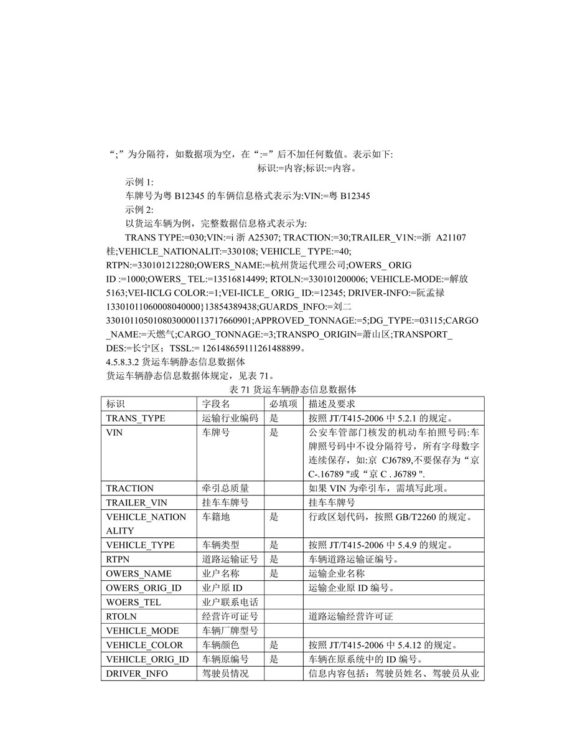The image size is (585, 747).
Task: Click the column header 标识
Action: pyautogui.click(x=116, y=404)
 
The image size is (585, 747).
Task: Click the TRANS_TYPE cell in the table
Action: pyautogui.click(x=136, y=418)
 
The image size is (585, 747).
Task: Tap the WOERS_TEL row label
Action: pyautogui.click(x=133, y=603)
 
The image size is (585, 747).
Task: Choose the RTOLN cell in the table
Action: pyautogui.click(x=121, y=617)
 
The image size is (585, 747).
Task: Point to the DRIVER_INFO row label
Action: pyautogui.click(x=137, y=674)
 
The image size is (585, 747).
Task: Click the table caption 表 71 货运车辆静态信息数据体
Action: pyautogui.click(x=292, y=390)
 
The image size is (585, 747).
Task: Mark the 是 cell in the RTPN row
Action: pyautogui.click(x=274, y=560)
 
